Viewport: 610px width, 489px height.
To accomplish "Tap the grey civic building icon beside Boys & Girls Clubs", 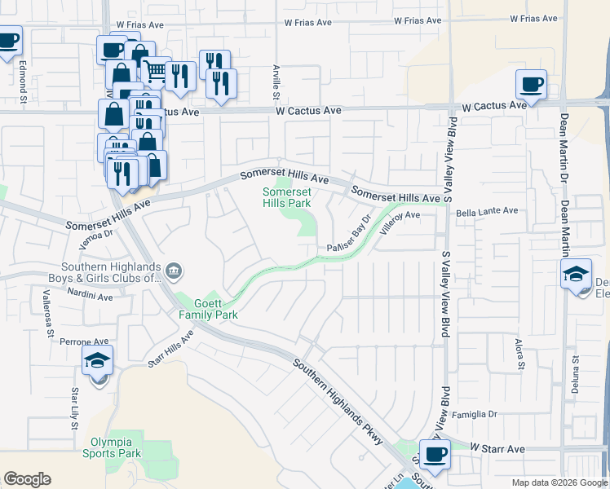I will point(174,271).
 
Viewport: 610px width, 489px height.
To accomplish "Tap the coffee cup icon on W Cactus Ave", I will point(531,86).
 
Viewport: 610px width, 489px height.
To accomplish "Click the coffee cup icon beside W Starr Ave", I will point(435,455).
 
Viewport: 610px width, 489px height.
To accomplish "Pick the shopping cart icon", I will point(155,73).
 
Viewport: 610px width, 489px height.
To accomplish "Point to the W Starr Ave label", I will point(497,448).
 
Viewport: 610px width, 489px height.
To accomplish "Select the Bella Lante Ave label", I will point(487,211).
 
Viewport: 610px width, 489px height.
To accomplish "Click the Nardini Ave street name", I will point(90,296).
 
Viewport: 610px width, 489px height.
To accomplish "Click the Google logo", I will point(27,479).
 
